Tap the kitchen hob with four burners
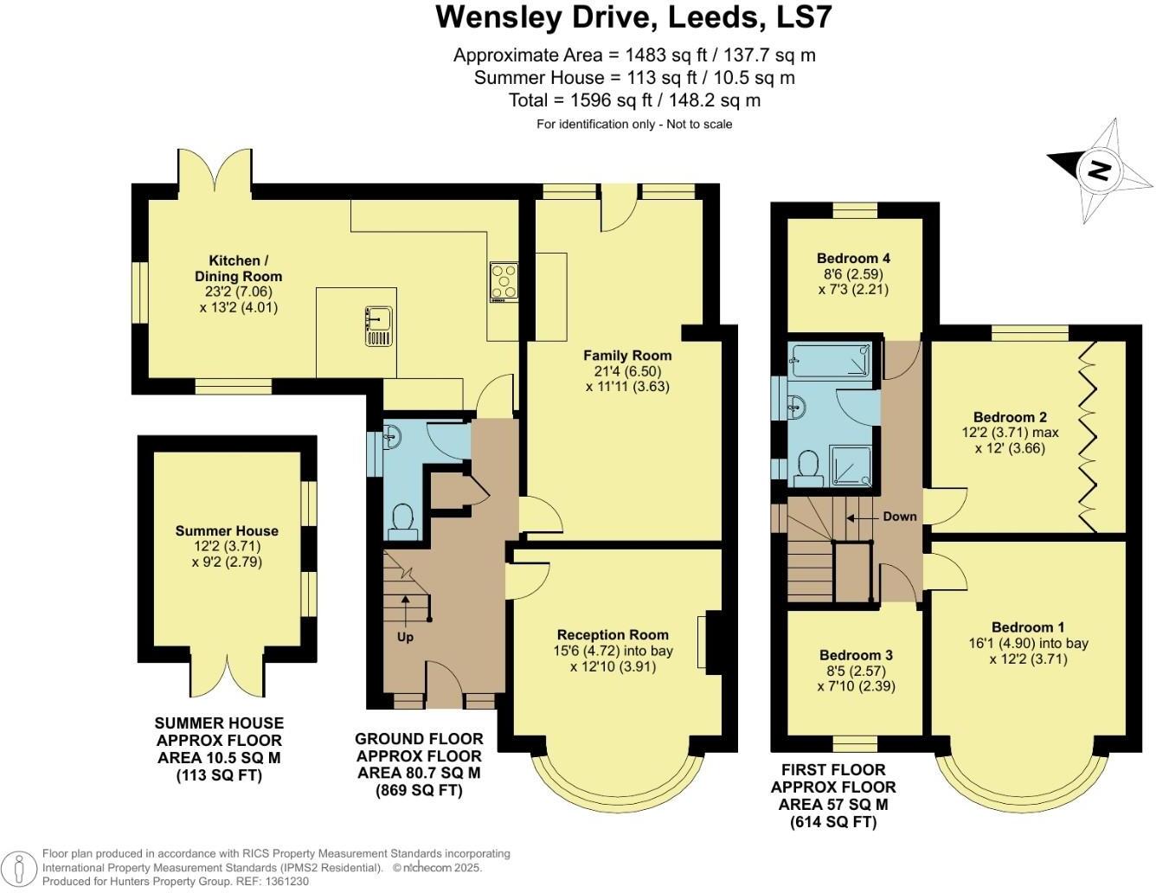click(x=504, y=281)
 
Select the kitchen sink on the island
click(x=379, y=326)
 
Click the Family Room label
click(x=626, y=355)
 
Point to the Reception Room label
click(x=612, y=634)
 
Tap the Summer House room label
click(x=227, y=530)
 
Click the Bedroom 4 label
click(x=852, y=258)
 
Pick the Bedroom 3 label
click(x=856, y=655)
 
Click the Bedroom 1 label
click(x=1028, y=626)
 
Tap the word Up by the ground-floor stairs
click(x=405, y=637)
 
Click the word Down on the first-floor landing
click(x=899, y=517)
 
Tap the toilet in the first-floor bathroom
click(x=808, y=468)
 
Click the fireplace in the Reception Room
click(x=711, y=642)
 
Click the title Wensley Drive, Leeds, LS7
click(x=633, y=17)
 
